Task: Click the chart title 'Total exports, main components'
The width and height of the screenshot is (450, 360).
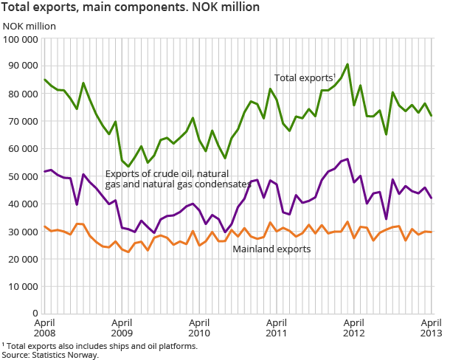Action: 130,8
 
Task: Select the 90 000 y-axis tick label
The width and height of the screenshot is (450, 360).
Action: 23,66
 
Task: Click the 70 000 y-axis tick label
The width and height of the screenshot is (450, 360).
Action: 23,121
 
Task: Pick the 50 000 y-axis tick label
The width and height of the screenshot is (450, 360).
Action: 23,176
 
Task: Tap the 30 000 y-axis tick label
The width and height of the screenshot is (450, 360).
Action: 23,232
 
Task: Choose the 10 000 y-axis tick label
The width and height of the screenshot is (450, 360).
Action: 23,286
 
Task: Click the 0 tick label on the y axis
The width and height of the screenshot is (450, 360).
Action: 35,314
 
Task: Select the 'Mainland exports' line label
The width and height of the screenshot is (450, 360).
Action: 271,249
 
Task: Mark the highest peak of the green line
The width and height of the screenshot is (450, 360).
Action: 347,64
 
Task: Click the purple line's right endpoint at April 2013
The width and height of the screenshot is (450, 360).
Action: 432,198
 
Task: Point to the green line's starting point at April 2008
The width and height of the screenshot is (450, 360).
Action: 44,80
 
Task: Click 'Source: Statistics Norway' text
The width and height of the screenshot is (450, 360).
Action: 49,355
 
